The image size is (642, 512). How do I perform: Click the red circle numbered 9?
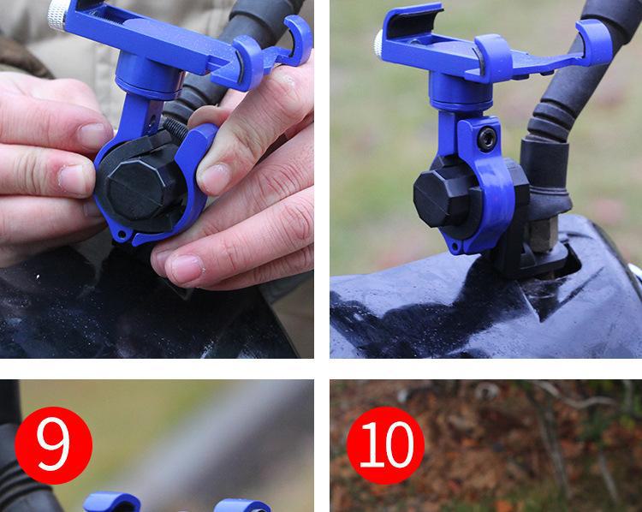[x=53, y=445]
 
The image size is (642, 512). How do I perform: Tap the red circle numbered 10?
[x=385, y=445]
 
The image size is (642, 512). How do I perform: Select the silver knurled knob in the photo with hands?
[x=57, y=15]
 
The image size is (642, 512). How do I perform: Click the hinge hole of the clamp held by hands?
[x=122, y=235]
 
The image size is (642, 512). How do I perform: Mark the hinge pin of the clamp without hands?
[x=455, y=247]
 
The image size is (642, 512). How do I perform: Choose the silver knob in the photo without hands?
[x=378, y=44]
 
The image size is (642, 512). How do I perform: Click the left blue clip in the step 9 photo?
[x=112, y=503]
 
